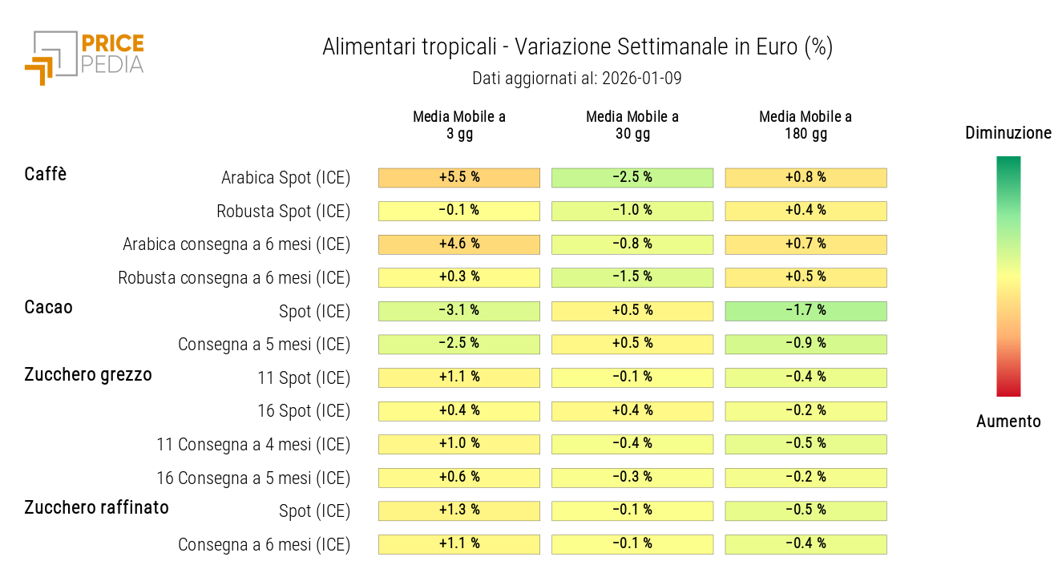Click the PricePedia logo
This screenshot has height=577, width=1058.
pos(84,57)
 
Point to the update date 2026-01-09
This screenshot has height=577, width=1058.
pos(641,79)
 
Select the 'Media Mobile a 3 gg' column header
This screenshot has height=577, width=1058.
pos(459,125)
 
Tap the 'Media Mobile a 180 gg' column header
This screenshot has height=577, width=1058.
pos(806,125)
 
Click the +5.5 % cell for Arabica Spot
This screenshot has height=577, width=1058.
pos(459,178)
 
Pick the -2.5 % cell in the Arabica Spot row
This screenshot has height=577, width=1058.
pos(632,178)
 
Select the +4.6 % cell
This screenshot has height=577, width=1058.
pos(459,244)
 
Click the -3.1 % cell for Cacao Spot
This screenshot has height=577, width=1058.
pos(459,311)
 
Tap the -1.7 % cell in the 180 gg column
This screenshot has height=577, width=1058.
pos(806,311)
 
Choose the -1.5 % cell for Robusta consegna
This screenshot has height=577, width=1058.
pos(632,277)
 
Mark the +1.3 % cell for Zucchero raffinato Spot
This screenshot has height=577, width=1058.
pos(459,510)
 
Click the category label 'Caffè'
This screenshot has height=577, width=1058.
pos(46,175)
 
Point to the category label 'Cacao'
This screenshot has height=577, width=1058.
pos(49,308)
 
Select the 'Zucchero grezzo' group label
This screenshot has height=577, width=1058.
pos(88,374)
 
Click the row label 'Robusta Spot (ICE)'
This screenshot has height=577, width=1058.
pos(284,212)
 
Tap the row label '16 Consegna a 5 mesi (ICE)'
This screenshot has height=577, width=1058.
pos(253,478)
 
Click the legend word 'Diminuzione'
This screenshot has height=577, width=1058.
pos(1008,133)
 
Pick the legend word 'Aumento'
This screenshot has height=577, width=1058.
pos(1008,422)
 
